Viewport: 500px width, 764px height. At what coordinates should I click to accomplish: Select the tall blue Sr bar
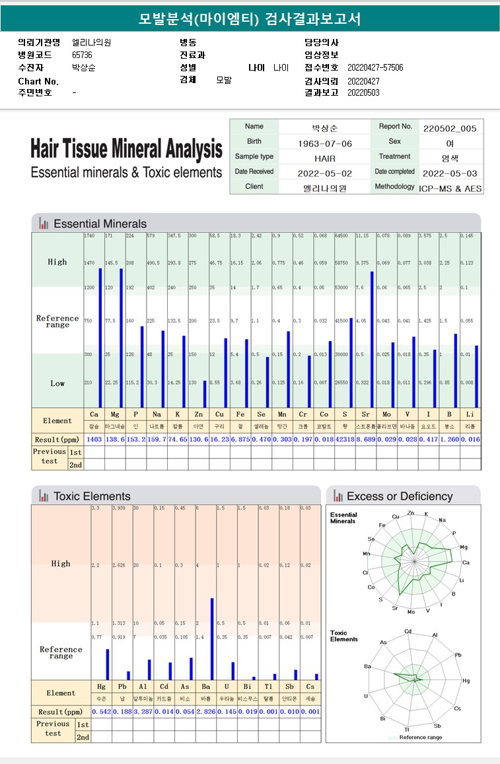pos(372,339)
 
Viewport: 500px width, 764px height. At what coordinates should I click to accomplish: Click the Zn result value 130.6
pos(197,439)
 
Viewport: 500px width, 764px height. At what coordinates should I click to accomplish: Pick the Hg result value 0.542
pos(101,712)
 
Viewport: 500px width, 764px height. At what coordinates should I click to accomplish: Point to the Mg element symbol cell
pos(116,414)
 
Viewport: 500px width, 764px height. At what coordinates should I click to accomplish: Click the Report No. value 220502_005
pos(449,128)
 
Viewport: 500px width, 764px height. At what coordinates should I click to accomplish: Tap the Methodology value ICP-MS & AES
pos(450,188)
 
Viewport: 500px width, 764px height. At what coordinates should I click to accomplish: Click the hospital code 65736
pos(82,55)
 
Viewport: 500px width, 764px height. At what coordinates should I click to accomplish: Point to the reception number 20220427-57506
pos(375,68)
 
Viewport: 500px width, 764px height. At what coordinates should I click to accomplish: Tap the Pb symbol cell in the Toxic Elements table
pos(122,687)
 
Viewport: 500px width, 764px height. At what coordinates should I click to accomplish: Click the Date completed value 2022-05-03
pos(450,174)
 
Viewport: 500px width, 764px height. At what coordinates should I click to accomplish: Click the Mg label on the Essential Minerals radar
pos(464,547)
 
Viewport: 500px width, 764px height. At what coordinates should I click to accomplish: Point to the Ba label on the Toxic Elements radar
pos(367,666)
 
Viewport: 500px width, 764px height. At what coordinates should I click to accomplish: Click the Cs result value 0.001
pos(310,712)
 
